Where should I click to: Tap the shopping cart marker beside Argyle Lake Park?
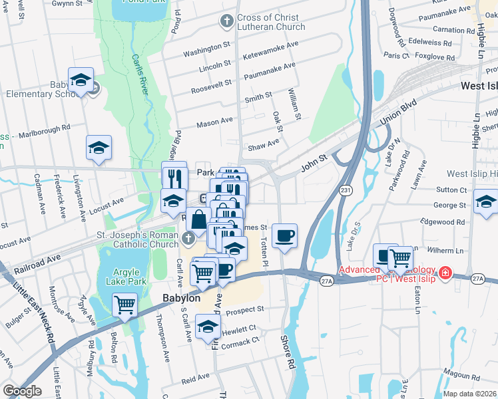(124, 305)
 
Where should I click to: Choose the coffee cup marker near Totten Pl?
(284, 235)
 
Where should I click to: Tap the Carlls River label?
(138, 76)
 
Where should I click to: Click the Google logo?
(22, 391)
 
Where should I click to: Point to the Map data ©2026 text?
(469, 394)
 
